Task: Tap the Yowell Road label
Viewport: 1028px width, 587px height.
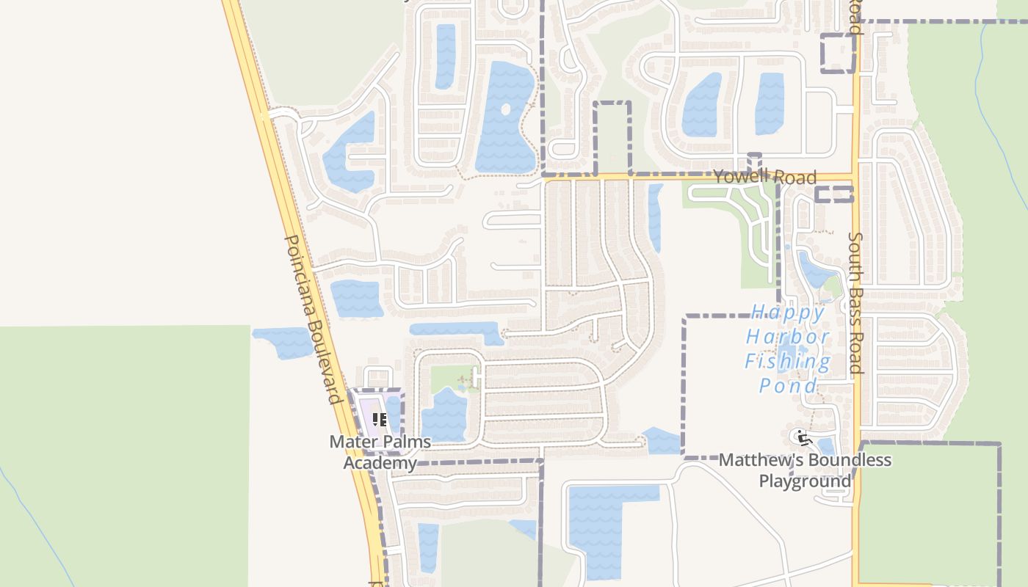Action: tap(764, 176)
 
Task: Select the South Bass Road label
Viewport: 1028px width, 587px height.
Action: tap(855, 302)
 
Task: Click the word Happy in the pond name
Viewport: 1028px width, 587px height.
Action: tap(788, 313)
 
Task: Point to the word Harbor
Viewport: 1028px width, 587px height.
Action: tap(788, 338)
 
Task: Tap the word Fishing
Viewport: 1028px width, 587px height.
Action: tap(788, 361)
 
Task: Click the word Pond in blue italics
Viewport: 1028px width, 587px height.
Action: tap(788, 386)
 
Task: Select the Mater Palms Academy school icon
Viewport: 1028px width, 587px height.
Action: tap(380, 420)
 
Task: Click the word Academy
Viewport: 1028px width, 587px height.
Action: tap(380, 463)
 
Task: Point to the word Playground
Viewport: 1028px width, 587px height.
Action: tap(805, 481)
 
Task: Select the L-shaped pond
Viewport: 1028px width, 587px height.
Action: tap(598, 521)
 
